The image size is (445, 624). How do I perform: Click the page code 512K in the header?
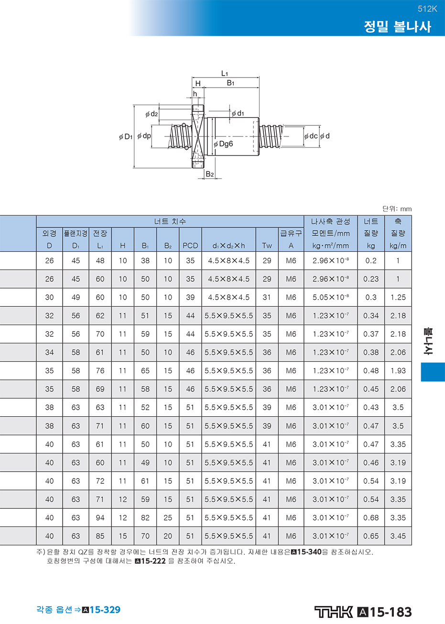click(x=427, y=9)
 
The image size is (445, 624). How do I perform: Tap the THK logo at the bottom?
click(x=334, y=612)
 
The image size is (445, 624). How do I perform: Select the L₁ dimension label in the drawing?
click(x=225, y=73)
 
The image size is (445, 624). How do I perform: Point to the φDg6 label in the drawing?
click(x=223, y=144)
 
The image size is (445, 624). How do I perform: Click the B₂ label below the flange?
click(x=209, y=174)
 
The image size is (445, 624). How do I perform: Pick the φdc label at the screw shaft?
click(x=311, y=136)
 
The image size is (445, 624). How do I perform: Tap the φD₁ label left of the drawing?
click(x=126, y=136)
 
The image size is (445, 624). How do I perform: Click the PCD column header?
click(x=190, y=245)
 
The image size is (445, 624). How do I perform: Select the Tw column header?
click(x=267, y=245)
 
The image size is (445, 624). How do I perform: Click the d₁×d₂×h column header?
click(x=228, y=245)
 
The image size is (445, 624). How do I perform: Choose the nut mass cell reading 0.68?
click(x=371, y=518)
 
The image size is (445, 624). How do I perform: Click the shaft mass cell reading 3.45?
click(x=398, y=536)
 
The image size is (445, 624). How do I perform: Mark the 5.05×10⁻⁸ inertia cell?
click(x=330, y=297)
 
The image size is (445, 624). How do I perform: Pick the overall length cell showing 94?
click(x=100, y=518)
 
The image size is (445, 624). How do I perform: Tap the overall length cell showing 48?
click(x=100, y=260)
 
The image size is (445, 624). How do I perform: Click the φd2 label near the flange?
click(x=152, y=114)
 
